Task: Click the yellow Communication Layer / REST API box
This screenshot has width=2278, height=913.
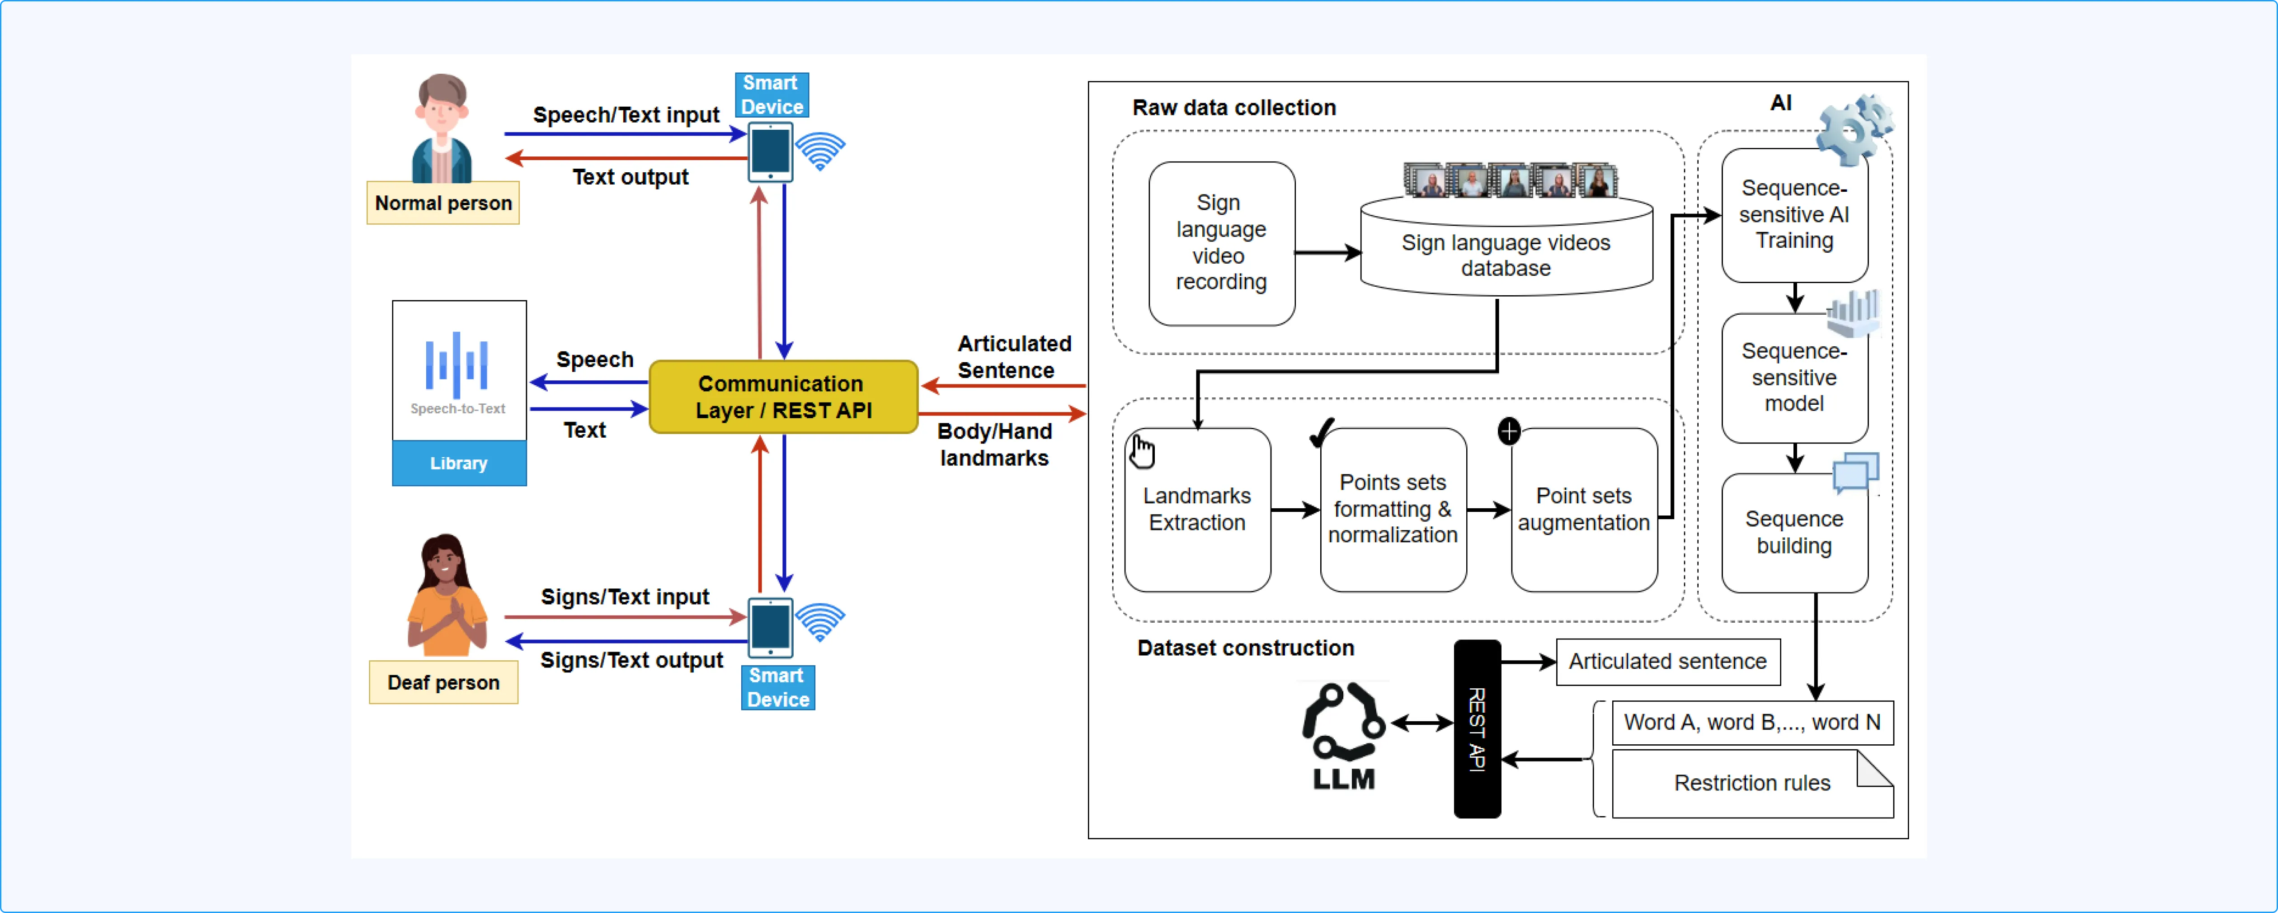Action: coord(783,397)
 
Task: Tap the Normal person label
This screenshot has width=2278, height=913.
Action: coord(443,203)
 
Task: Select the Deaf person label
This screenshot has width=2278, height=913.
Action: coord(443,682)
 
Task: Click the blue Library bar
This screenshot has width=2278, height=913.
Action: coord(459,463)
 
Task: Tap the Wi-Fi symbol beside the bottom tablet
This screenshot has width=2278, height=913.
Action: coord(821,622)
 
